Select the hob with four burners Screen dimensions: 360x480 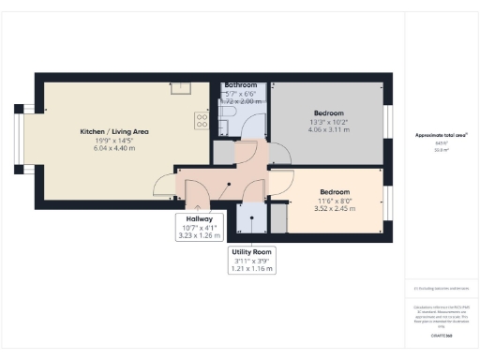point(200,120)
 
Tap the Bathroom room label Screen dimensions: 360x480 point(241,86)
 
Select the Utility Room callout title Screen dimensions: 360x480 point(252,252)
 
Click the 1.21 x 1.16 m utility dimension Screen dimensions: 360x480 point(252,269)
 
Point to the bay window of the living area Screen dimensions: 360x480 point(25,138)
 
